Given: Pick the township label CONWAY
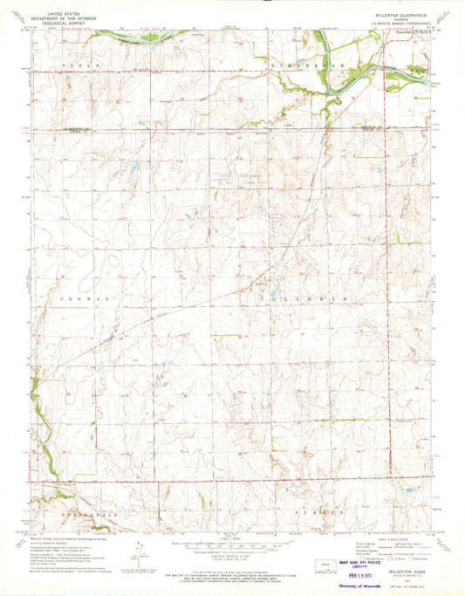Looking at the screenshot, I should point(72,298).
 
